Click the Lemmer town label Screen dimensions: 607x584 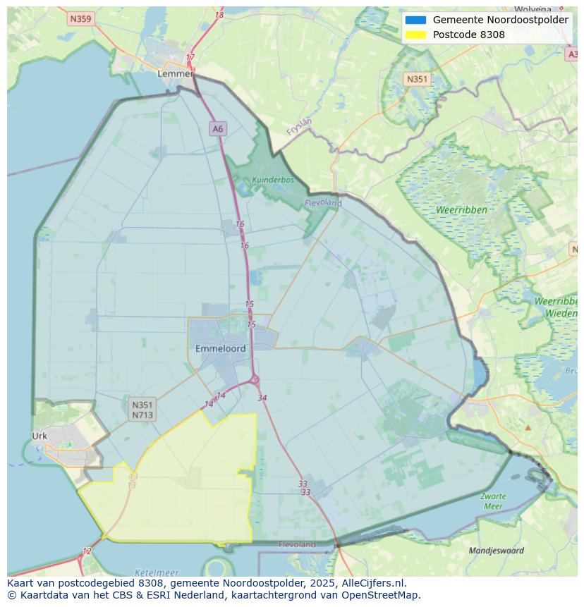(x=175, y=73)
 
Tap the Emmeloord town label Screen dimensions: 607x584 (x=220, y=348)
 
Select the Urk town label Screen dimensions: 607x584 (x=39, y=436)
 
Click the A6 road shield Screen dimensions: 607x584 (x=217, y=128)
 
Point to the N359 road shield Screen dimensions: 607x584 (x=80, y=19)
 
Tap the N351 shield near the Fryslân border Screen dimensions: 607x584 (x=417, y=79)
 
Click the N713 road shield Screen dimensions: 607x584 (x=142, y=415)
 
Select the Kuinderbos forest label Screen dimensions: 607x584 (x=273, y=180)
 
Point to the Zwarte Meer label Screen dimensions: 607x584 (x=493, y=501)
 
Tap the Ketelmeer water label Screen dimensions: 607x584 (x=156, y=572)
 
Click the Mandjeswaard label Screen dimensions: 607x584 (x=497, y=551)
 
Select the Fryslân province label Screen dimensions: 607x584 (x=299, y=126)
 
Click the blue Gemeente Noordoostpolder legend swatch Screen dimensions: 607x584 (x=416, y=20)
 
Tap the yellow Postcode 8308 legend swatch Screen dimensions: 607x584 (x=416, y=35)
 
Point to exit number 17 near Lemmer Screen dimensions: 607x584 (x=190, y=57)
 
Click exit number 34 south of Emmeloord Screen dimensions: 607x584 (x=262, y=398)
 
